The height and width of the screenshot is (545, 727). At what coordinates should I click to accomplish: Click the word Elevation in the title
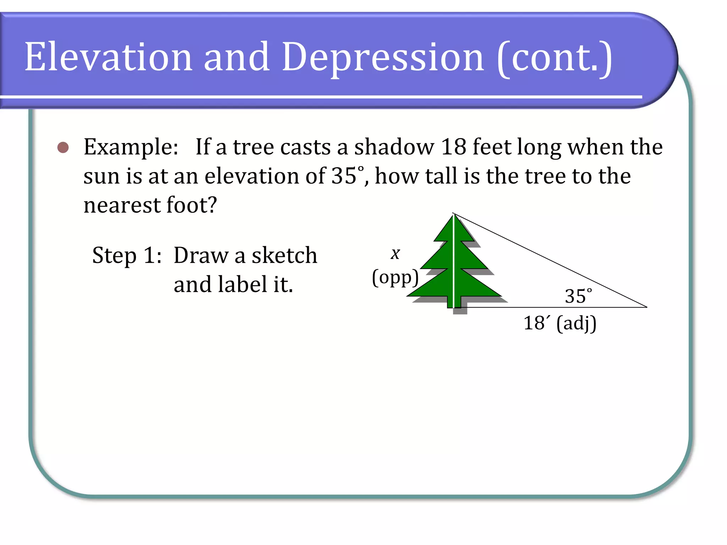(108, 57)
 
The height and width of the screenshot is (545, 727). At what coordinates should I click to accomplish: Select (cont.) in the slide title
(555, 58)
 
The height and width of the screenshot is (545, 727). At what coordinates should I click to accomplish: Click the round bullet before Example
(63, 147)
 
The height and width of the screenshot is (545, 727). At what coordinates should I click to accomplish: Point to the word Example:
(131, 147)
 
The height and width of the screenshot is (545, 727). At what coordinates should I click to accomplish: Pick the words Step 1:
(127, 255)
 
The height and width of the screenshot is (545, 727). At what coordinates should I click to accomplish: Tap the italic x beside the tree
(395, 253)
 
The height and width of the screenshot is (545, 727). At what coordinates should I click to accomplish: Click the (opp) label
(395, 277)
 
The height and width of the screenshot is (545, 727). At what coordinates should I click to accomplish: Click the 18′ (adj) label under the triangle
(560, 323)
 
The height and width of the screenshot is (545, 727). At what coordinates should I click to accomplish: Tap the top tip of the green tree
(454, 215)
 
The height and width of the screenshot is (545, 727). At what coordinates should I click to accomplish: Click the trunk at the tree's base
(454, 302)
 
